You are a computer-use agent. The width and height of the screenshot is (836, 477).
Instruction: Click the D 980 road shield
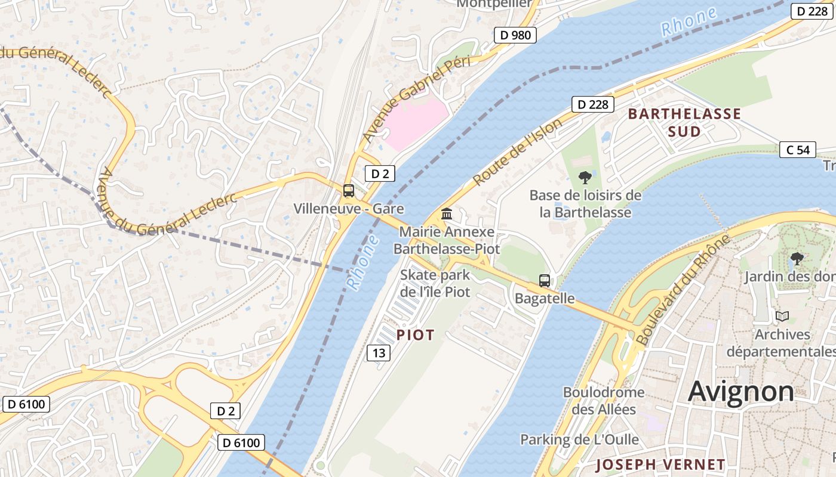click(515, 35)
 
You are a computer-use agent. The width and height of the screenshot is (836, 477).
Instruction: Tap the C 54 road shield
click(798, 150)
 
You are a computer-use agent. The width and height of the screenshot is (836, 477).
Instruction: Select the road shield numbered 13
click(379, 353)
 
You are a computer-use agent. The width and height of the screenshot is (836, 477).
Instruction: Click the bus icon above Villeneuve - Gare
click(349, 191)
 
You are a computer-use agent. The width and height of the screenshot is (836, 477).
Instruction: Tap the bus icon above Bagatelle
click(545, 280)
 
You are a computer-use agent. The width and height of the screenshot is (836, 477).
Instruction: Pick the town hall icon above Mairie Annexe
click(447, 213)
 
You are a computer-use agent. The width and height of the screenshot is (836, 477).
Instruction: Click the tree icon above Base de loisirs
click(586, 177)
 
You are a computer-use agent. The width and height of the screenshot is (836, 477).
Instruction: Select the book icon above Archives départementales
click(782, 316)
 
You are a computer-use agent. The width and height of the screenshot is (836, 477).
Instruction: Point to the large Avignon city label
click(741, 391)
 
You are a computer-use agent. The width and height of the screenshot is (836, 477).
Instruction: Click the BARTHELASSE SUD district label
click(684, 122)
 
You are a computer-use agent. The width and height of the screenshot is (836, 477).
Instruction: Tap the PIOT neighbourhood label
click(416, 335)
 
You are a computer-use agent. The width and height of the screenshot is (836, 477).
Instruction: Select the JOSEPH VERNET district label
click(660, 464)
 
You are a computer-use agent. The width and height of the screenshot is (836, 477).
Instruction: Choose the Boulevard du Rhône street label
click(684, 290)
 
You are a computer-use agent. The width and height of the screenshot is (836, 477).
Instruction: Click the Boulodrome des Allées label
click(604, 401)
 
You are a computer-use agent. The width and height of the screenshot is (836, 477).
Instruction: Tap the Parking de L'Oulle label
click(579, 440)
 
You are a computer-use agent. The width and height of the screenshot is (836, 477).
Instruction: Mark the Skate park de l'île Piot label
click(435, 283)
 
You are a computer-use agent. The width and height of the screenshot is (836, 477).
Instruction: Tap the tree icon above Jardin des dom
click(797, 259)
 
